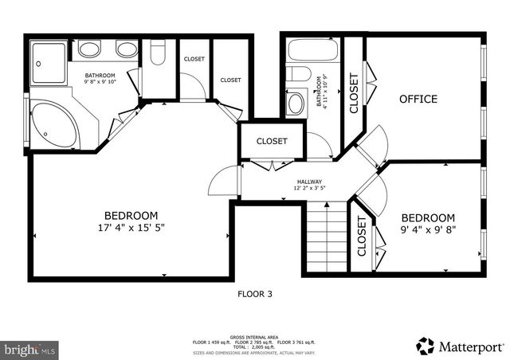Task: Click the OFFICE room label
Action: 418,99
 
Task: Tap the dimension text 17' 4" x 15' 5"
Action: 131,228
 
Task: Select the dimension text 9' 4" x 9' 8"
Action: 428,231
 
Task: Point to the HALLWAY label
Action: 309,185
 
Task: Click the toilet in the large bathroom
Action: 157,54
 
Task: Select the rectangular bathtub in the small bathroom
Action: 312,51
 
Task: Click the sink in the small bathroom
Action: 296,103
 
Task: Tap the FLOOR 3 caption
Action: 255,294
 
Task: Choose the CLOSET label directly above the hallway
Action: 272,141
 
